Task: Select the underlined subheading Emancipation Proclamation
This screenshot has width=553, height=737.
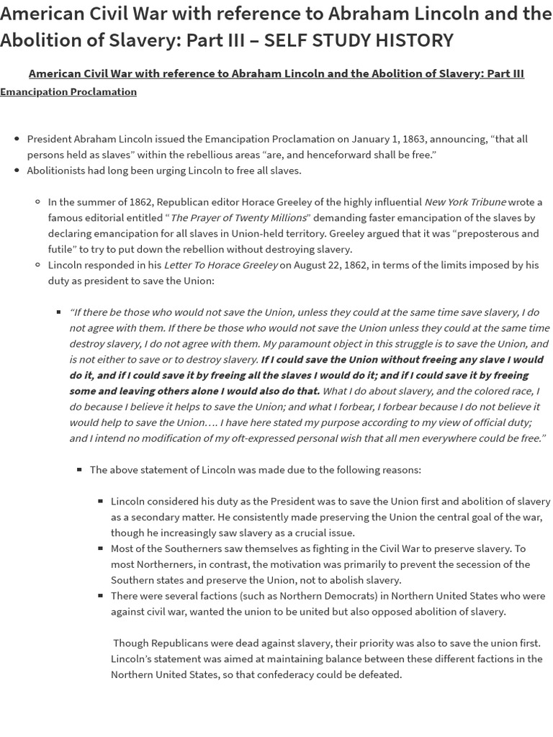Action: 68,91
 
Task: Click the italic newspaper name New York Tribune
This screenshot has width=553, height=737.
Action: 465,202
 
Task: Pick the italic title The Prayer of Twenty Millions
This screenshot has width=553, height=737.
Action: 238,217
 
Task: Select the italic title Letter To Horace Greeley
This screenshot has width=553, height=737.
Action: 220,265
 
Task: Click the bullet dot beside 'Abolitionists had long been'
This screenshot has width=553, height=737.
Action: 17,171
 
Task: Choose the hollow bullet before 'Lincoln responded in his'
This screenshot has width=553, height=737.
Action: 38,265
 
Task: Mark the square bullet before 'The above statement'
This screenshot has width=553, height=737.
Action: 80,469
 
